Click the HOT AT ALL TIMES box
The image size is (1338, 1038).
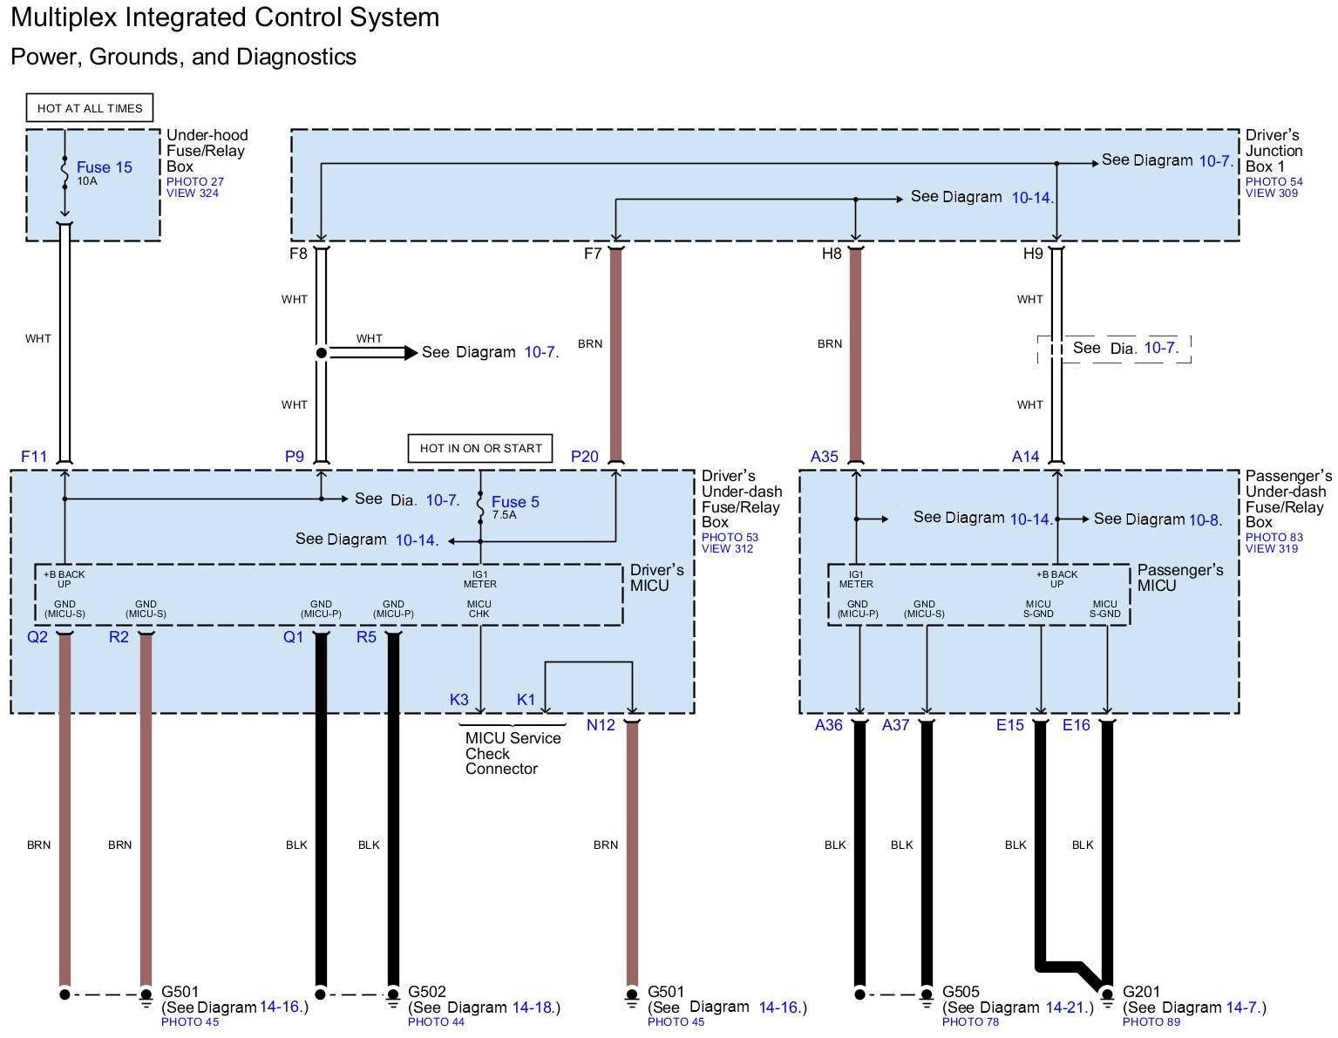pos(90,108)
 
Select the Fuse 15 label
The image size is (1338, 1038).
pos(104,167)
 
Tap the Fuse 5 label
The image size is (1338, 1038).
pos(515,502)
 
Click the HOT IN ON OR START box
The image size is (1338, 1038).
pos(480,448)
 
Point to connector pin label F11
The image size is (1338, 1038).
pos(34,456)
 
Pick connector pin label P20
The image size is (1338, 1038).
pos(584,456)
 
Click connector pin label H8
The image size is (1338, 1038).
pos(832,254)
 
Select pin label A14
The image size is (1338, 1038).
pos(1025,456)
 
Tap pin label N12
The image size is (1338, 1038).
pos(601,725)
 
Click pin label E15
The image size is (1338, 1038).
pos(1010,725)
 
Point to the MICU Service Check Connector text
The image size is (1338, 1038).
pos(513,753)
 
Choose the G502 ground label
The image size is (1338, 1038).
pos(427,992)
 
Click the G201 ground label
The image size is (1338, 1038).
pos(1142,992)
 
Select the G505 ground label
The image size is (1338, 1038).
pos(961,992)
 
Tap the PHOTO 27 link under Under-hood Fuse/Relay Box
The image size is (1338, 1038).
pos(195,182)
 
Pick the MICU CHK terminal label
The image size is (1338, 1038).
pos(479,608)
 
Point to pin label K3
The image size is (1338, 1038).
pos(459,700)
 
